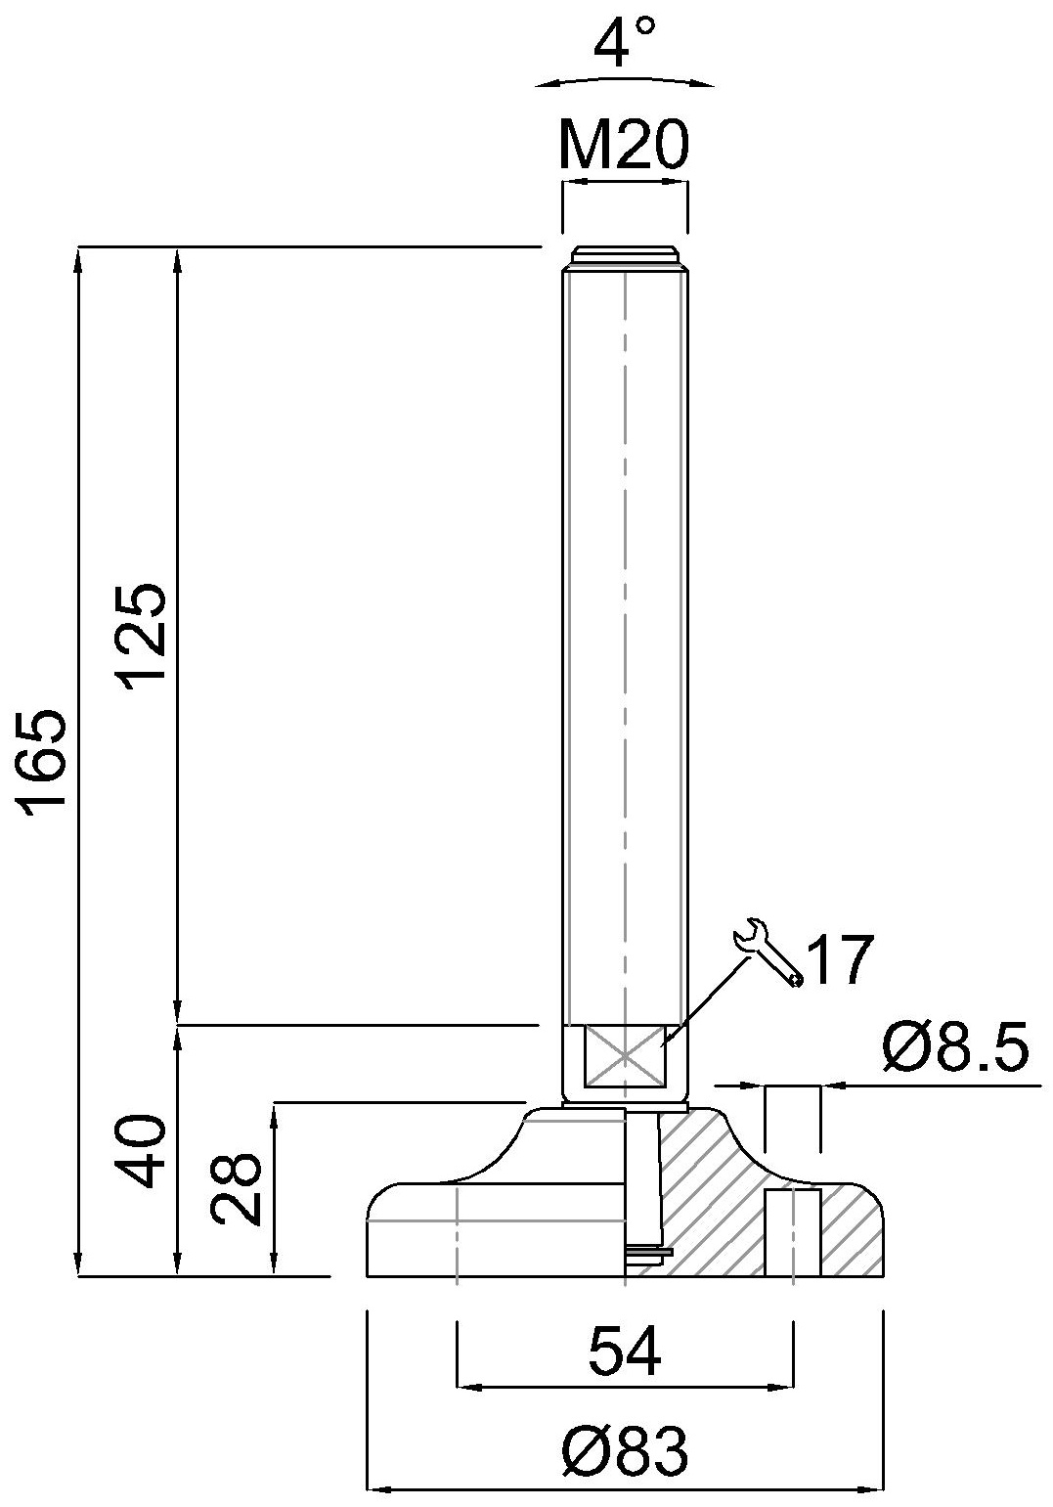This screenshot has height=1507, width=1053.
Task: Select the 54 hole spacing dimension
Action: tap(625, 1351)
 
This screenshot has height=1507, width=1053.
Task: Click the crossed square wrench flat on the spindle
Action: tap(624, 1055)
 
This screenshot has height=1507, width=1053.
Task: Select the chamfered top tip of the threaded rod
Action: tap(624, 256)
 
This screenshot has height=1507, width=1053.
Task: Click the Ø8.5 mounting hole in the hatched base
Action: tap(792, 1231)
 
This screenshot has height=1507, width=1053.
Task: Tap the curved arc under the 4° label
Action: tap(625, 80)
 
